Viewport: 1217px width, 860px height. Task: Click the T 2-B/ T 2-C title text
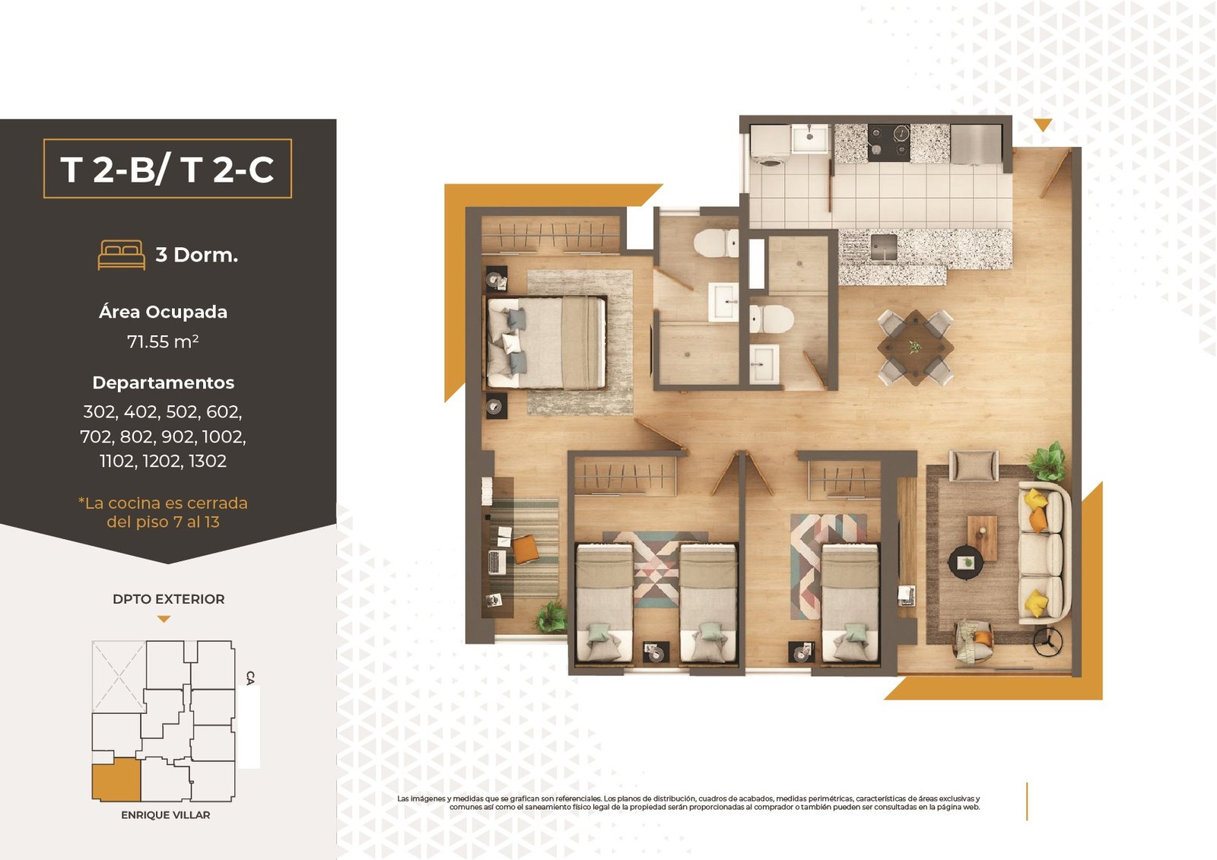click(x=167, y=169)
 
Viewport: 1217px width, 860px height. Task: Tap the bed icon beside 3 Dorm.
click(x=121, y=255)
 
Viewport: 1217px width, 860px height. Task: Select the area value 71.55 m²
click(x=163, y=341)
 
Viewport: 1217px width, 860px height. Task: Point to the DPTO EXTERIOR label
click(x=168, y=598)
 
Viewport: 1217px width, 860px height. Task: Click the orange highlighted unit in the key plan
click(x=116, y=780)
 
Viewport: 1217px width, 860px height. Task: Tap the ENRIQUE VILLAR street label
click(x=166, y=815)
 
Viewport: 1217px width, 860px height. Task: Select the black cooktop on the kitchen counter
click(x=889, y=143)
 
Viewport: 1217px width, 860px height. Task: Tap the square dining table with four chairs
click(x=916, y=347)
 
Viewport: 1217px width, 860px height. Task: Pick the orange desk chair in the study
click(x=526, y=549)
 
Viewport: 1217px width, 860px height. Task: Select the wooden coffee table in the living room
click(x=982, y=538)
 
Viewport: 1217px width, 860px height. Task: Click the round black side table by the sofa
click(x=965, y=562)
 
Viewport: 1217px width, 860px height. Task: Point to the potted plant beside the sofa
click(x=1047, y=462)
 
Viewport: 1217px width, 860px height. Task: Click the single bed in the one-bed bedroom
click(x=850, y=603)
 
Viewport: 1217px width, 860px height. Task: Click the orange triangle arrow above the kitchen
click(x=1043, y=125)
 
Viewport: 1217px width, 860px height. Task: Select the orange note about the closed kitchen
click(x=163, y=513)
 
